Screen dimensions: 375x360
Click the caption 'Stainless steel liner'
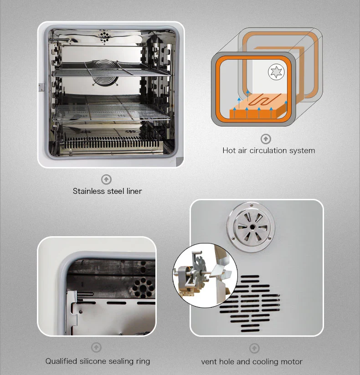click(x=107, y=191)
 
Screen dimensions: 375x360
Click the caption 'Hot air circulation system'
click(x=268, y=150)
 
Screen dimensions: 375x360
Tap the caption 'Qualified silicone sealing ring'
click(x=98, y=361)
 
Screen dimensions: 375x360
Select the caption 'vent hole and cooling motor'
click(x=252, y=362)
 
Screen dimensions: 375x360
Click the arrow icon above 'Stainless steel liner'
click(x=106, y=179)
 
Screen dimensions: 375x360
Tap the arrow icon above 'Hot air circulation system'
click(x=266, y=139)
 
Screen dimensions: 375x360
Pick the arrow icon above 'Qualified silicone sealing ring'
click(x=96, y=348)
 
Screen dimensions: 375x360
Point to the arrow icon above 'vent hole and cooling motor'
click(x=254, y=349)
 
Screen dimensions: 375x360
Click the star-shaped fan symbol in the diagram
click(x=276, y=72)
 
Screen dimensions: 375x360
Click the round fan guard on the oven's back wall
click(x=103, y=74)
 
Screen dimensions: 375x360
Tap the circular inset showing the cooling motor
click(x=205, y=275)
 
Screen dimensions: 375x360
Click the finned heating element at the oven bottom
click(x=112, y=143)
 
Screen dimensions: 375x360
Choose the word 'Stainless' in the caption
click(x=89, y=191)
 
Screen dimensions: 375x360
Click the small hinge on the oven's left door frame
click(x=41, y=86)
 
